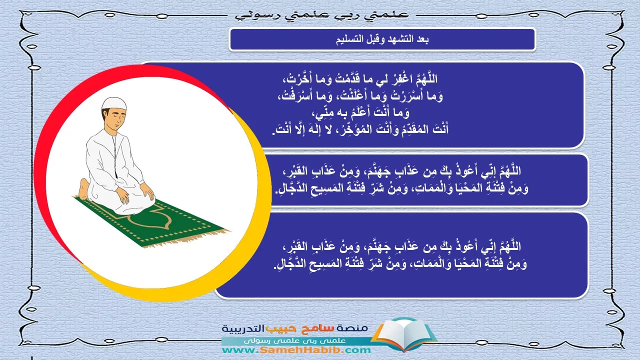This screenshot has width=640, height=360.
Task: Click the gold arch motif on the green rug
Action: [x=151, y=219]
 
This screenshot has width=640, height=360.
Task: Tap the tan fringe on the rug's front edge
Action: [x=185, y=239]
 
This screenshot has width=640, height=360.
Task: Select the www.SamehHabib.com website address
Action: [x=296, y=349]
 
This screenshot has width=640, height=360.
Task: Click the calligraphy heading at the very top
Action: [x=322, y=15]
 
